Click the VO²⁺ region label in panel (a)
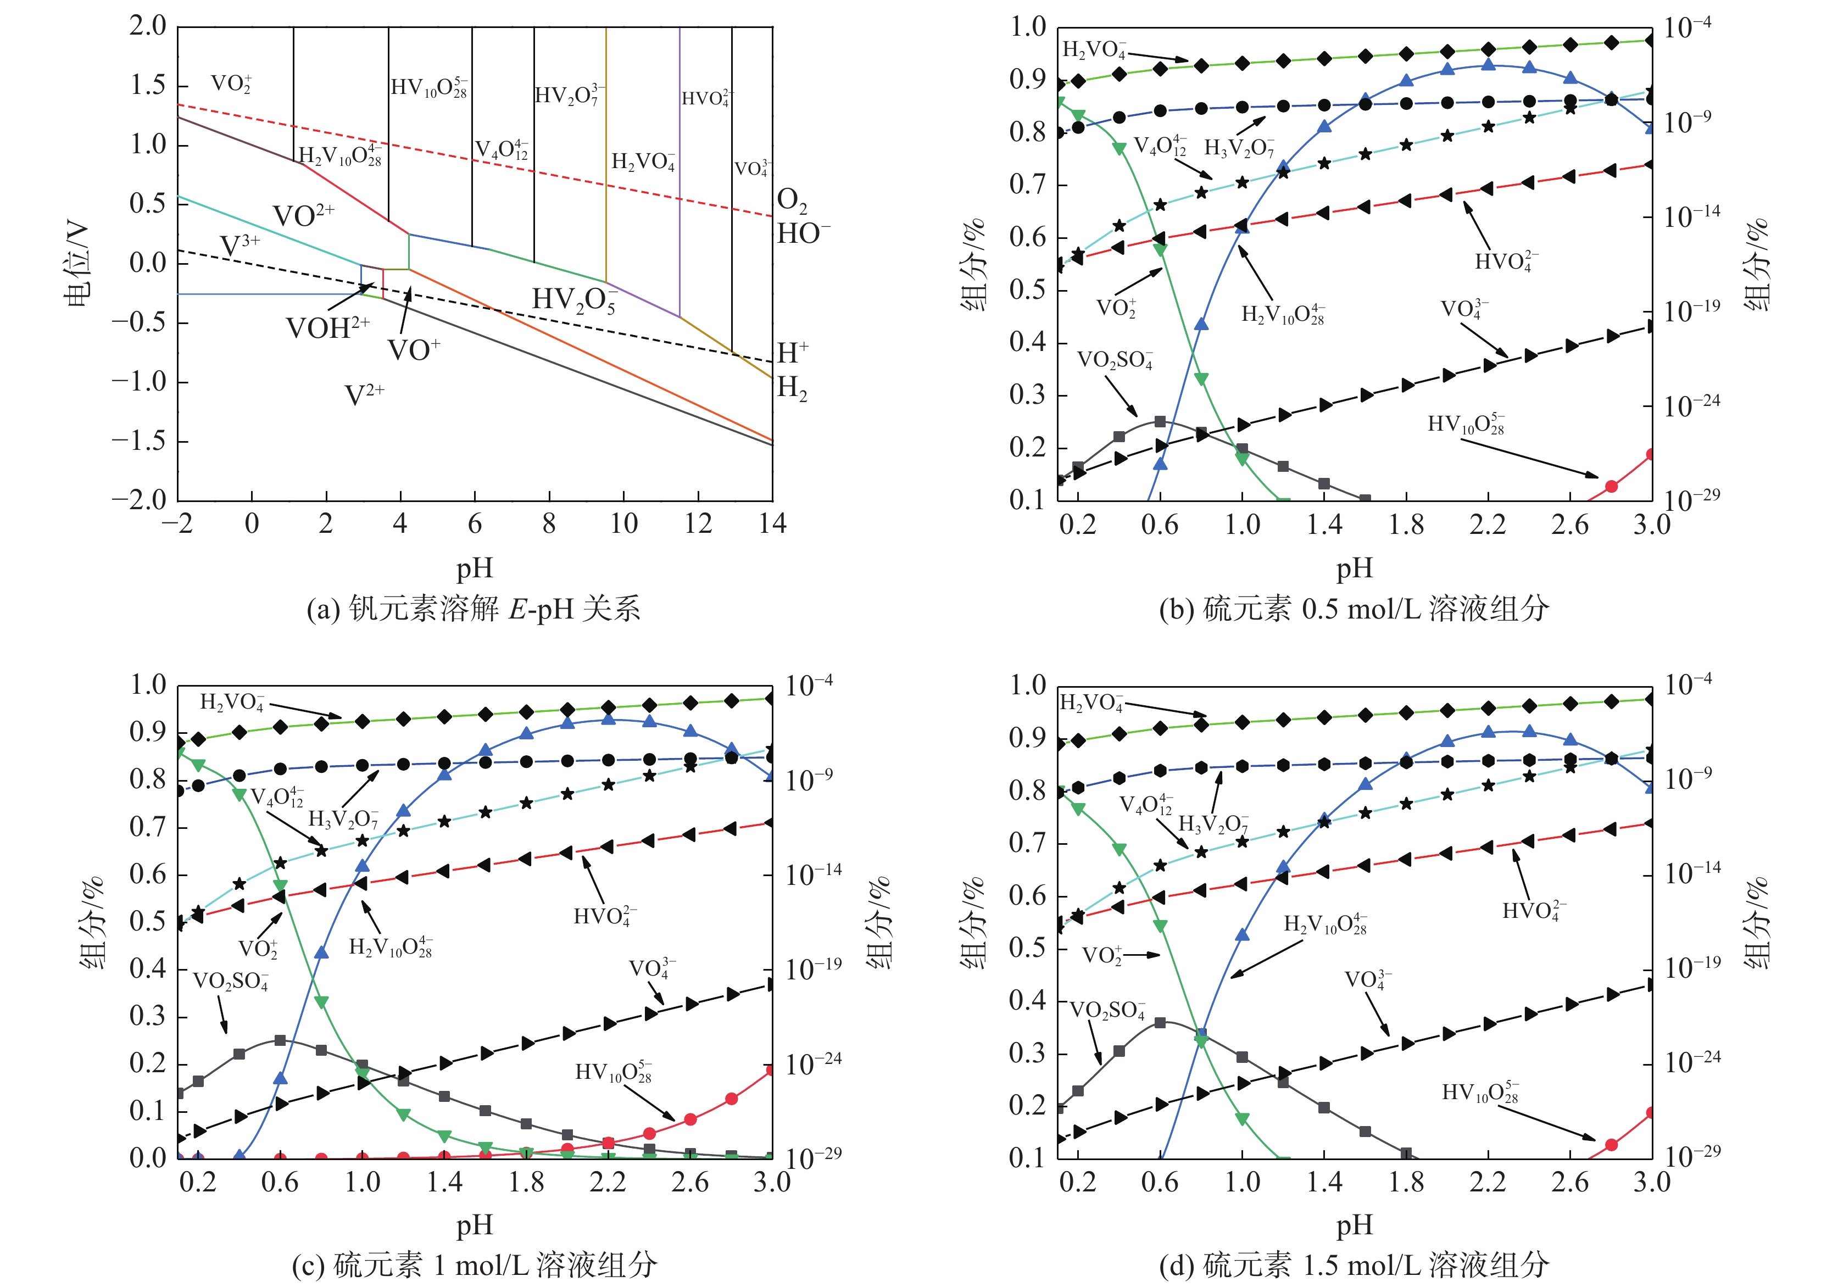click(x=303, y=214)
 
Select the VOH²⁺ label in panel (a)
click(x=327, y=326)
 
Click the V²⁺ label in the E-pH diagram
click(x=364, y=394)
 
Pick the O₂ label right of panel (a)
click(x=792, y=200)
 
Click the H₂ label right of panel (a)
click(x=792, y=388)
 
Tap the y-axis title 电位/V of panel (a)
click(x=77, y=265)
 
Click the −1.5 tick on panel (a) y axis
click(x=138, y=441)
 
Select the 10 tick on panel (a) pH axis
click(x=623, y=523)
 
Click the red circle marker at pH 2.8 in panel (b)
click(x=1612, y=486)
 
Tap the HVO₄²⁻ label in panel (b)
click(x=1506, y=261)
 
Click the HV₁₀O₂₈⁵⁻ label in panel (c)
click(x=613, y=1072)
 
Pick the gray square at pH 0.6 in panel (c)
click(x=280, y=1040)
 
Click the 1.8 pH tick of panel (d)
click(x=1407, y=1182)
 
